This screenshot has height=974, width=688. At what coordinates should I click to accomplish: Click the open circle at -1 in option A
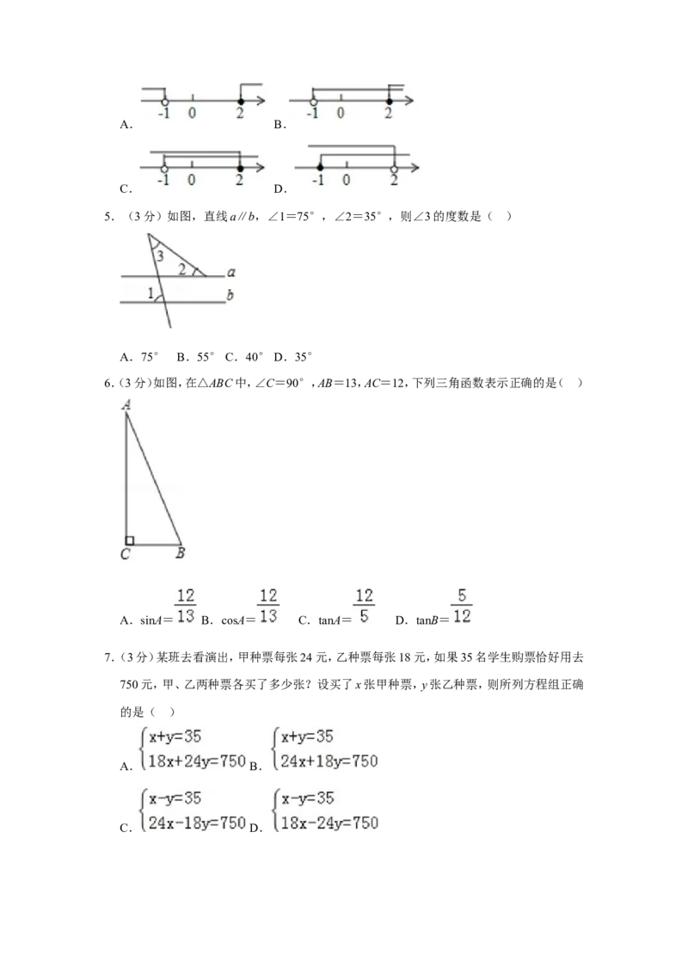click(x=164, y=102)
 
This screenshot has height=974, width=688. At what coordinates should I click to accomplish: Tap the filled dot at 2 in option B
click(x=390, y=102)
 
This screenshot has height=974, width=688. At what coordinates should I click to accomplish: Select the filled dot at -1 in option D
click(x=320, y=168)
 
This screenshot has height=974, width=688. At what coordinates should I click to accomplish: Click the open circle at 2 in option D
click(x=394, y=168)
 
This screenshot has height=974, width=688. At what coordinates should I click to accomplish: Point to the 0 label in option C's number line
click(x=191, y=180)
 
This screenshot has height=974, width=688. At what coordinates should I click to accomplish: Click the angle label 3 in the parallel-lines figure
click(x=160, y=256)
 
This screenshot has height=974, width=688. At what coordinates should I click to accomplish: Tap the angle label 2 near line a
click(x=182, y=269)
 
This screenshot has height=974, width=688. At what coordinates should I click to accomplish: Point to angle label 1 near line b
click(x=150, y=293)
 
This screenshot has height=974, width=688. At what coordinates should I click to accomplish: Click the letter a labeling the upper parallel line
click(x=231, y=272)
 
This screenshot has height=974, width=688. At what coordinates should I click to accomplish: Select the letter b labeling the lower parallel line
click(x=230, y=295)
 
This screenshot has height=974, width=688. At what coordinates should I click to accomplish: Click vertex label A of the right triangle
click(x=126, y=405)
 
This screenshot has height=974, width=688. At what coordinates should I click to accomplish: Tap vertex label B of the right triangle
click(x=180, y=552)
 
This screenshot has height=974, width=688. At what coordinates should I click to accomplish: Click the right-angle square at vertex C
click(x=130, y=541)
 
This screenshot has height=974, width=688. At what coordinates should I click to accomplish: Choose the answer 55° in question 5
click(x=205, y=356)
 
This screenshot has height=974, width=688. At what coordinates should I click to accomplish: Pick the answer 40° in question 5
click(x=254, y=356)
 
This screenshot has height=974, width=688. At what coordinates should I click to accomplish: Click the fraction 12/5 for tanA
click(x=364, y=606)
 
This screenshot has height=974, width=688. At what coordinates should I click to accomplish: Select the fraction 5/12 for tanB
click(x=461, y=606)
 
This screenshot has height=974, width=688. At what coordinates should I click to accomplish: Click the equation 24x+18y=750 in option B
click(x=329, y=761)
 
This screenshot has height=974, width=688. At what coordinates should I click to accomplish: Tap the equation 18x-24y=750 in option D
click(x=329, y=823)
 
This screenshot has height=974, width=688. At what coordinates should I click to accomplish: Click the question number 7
click(x=108, y=657)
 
